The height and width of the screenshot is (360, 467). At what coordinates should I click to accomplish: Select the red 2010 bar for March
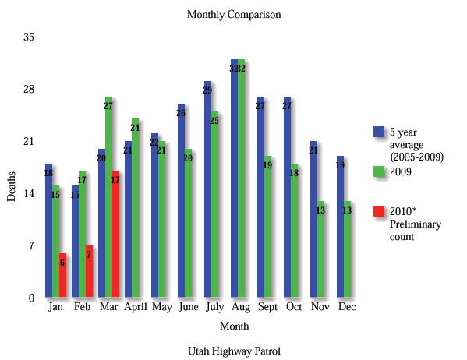point(115,234)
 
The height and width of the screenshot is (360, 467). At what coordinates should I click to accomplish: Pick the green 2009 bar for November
point(320,249)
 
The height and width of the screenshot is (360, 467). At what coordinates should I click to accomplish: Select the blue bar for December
point(340,226)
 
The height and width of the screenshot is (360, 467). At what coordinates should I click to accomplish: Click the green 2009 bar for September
point(267,226)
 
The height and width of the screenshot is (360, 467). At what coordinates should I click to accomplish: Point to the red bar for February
point(89,271)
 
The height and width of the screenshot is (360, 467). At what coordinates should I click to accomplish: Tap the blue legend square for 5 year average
point(380,132)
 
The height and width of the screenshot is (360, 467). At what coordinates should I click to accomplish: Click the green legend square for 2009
point(380,171)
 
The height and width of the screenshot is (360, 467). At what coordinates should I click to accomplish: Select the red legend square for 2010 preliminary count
point(380,211)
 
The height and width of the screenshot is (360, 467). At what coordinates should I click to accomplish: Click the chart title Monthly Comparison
point(234,14)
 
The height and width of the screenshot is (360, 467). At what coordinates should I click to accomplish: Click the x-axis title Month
point(234,326)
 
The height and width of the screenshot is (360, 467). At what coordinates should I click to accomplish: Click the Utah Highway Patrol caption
point(234,351)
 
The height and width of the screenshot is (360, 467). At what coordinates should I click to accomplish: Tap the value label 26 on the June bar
point(181,114)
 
